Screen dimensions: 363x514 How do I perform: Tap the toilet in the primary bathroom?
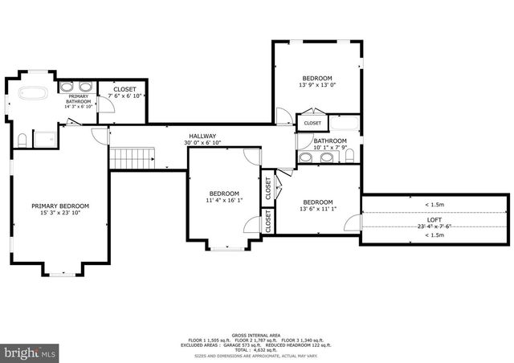(22, 141)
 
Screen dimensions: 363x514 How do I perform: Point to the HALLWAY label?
(202, 136)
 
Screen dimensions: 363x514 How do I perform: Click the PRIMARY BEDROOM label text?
(60, 206)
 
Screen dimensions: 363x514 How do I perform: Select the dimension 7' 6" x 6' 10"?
(125, 96)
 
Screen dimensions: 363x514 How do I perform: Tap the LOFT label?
(434, 219)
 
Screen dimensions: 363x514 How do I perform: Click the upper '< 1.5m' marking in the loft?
(434, 204)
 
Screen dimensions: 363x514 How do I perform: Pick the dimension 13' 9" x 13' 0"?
(316, 85)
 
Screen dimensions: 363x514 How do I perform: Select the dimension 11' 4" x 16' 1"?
(225, 201)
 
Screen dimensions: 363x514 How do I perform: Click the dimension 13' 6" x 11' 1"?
(318, 209)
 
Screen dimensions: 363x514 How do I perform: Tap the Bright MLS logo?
(31, 352)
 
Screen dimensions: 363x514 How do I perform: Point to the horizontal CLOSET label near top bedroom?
(312, 123)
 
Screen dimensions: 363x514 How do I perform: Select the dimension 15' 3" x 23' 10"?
(60, 214)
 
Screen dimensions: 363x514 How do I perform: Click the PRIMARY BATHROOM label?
(77, 99)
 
